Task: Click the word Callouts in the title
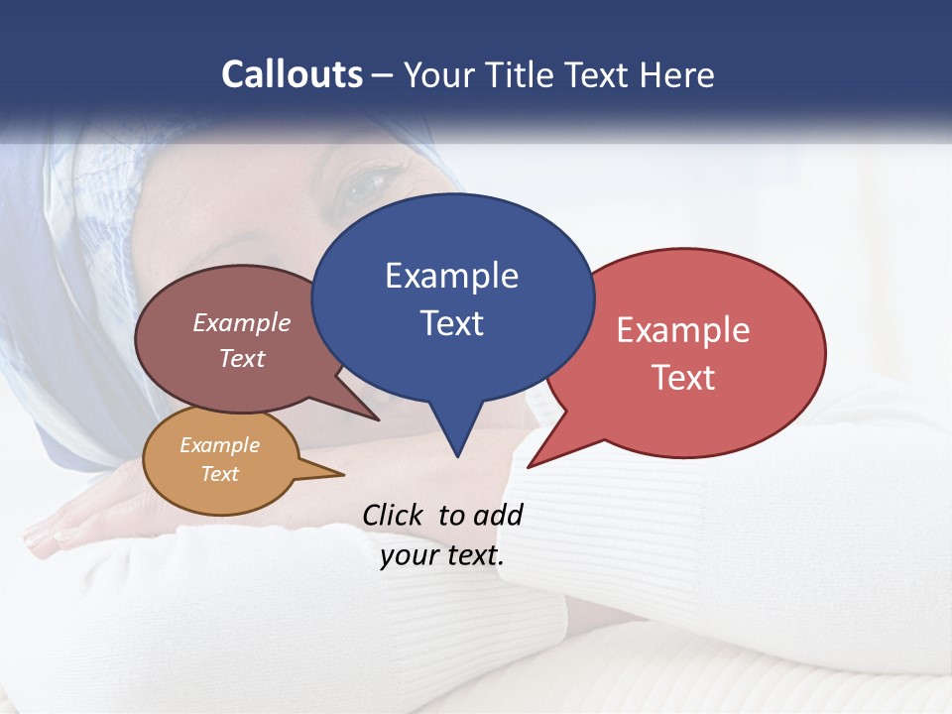293,74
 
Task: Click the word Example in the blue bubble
451,276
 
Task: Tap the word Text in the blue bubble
452,323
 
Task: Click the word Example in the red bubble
683,330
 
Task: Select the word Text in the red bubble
683,378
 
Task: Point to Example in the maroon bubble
242,322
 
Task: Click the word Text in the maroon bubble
242,358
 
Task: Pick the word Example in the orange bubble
219,445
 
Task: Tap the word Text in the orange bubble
219,474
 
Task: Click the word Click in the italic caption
394,515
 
